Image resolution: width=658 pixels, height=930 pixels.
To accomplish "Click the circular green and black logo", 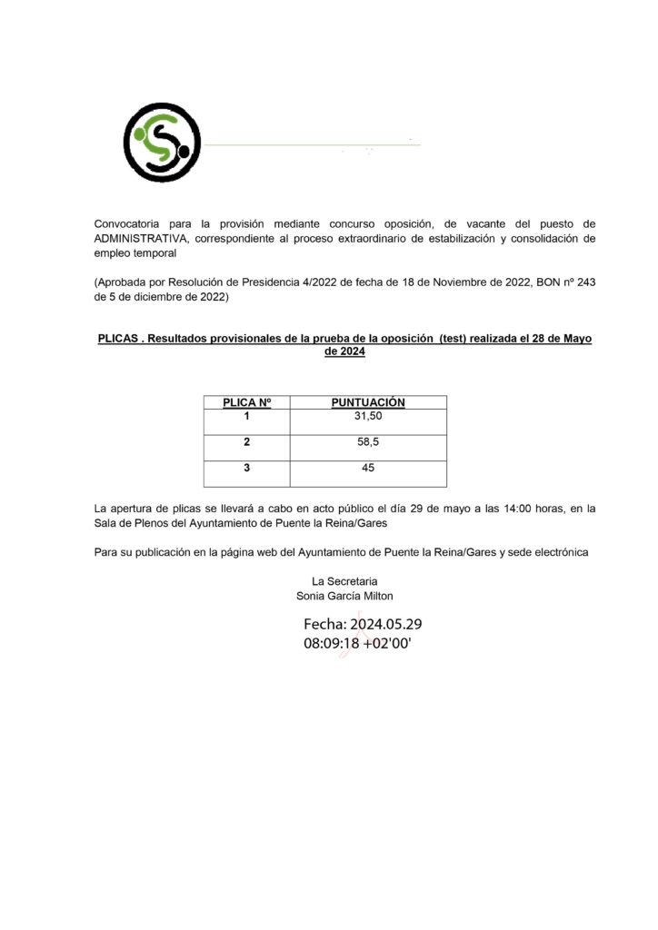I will pos(162,143).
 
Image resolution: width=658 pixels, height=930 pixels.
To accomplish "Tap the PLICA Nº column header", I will pos(247,402).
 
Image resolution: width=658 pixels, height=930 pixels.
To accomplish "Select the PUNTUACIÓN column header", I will pos(368,402).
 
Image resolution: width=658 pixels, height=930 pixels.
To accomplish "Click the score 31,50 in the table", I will pos(368,416).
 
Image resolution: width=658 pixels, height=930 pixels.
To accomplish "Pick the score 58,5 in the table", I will pos(368,442).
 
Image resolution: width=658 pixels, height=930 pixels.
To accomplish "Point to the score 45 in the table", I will pos(368,469).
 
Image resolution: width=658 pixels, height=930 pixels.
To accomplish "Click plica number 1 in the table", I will pos(247,416).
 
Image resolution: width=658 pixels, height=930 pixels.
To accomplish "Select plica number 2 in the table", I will pos(247,442).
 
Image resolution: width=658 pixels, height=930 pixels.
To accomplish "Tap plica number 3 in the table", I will pos(247,469).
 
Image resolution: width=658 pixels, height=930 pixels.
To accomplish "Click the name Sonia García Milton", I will pos(345,596).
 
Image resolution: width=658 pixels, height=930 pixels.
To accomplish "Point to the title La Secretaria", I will pos(344,581).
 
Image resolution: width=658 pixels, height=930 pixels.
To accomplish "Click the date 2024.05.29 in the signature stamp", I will pos(385,625).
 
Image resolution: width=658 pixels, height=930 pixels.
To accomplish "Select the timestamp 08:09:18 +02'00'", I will pos(358,643).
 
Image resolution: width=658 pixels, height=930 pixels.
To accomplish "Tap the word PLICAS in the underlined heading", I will pos(118,338).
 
